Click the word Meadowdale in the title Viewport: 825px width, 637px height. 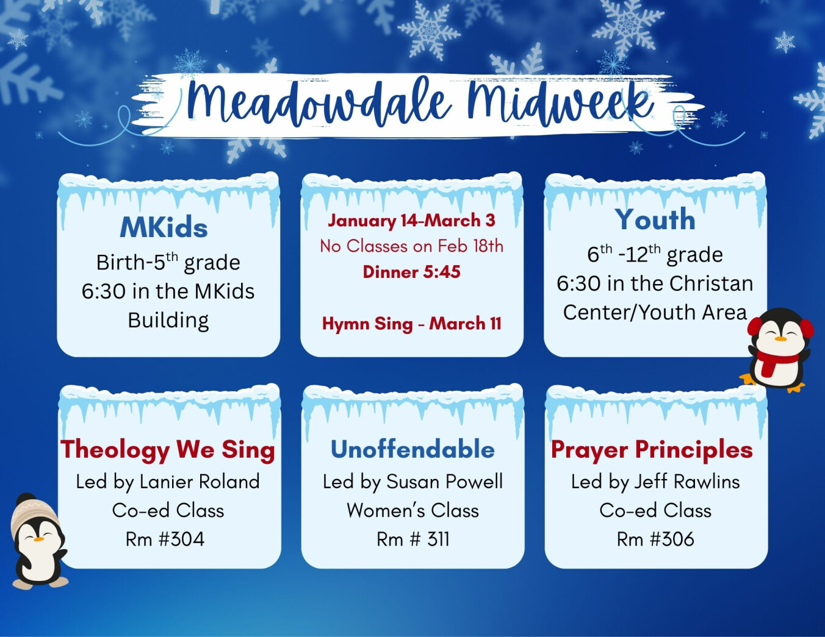click(x=319, y=102)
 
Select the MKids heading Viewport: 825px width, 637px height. click(x=164, y=227)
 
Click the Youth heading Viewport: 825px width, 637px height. click(x=655, y=219)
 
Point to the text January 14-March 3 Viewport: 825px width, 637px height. click(x=411, y=221)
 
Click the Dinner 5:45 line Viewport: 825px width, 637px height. click(x=411, y=272)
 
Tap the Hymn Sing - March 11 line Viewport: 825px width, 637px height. click(x=411, y=324)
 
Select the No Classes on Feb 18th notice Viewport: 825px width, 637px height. click(x=411, y=246)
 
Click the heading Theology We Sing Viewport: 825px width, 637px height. click(x=167, y=450)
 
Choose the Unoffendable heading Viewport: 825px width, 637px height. click(x=412, y=450)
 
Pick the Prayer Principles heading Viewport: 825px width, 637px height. click(x=652, y=450)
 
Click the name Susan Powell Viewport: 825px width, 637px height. click(x=445, y=482)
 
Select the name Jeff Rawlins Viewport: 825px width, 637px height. click(x=687, y=482)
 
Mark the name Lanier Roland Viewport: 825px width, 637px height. click(x=200, y=482)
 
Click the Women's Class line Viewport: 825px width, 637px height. click(x=412, y=511)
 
